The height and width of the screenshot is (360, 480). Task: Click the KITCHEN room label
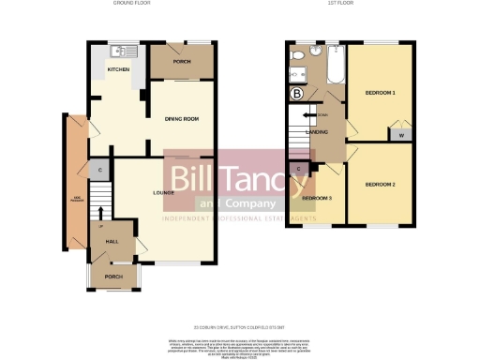click(x=118, y=69)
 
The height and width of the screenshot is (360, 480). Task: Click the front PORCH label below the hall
click(x=113, y=277)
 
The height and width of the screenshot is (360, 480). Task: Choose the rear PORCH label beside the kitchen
click(x=181, y=63)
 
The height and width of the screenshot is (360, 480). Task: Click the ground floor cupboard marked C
click(x=99, y=170)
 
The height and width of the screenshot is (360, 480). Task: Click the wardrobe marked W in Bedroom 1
click(x=401, y=135)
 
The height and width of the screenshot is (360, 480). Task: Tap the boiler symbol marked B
click(x=298, y=94)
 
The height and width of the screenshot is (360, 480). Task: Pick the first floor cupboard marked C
click(x=298, y=170)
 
